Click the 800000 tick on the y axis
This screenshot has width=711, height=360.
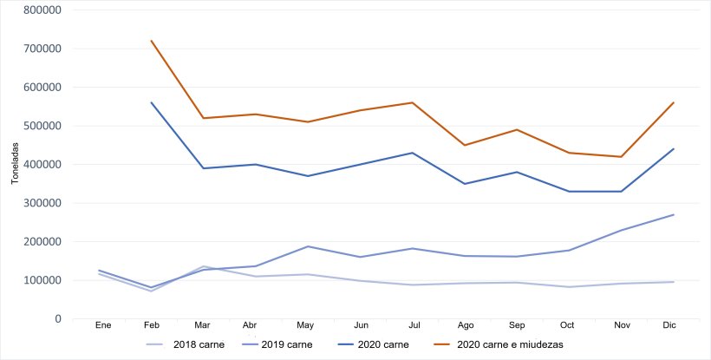(x=43, y=10)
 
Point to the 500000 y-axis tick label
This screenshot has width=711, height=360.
(x=43, y=126)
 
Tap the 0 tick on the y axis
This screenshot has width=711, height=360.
(x=57, y=319)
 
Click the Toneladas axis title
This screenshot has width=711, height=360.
(x=15, y=165)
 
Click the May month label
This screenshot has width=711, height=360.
(x=305, y=324)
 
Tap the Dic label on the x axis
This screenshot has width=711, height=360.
(x=669, y=324)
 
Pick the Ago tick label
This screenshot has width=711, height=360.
(x=466, y=324)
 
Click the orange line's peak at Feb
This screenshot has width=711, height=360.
(x=152, y=41)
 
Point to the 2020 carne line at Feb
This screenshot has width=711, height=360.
(x=152, y=102)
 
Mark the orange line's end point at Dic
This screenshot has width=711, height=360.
(x=674, y=102)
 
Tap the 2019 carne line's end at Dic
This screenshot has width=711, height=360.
(x=674, y=214)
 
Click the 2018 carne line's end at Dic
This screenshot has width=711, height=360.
(x=674, y=282)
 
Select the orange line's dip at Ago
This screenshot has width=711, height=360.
(x=466, y=145)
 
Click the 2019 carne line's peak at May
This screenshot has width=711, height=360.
(x=305, y=246)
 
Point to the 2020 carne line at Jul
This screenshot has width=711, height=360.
(x=413, y=153)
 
